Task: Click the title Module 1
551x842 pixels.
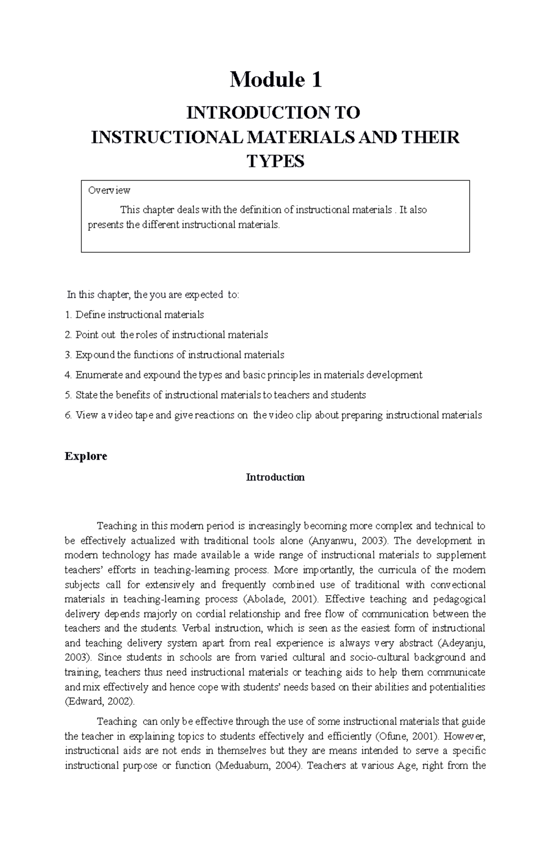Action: coord(275,80)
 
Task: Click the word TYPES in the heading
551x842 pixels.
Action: coord(275,162)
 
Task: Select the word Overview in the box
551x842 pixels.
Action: coord(109,190)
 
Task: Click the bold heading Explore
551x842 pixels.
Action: coord(86,456)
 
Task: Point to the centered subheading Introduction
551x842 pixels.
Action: coord(275,477)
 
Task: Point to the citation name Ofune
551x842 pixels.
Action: coord(392,736)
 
